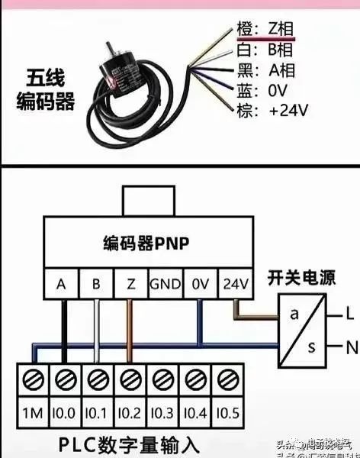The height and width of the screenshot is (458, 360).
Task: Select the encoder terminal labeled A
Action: [x=62, y=284]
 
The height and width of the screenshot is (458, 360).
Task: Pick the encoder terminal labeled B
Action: [x=96, y=284]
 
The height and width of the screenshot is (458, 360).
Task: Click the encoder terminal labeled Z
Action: [x=130, y=284]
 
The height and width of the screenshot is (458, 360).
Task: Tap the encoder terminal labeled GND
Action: [x=166, y=284]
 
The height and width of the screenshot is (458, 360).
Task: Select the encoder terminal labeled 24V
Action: [x=235, y=284]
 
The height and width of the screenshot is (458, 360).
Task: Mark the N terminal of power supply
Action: [x=351, y=347]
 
